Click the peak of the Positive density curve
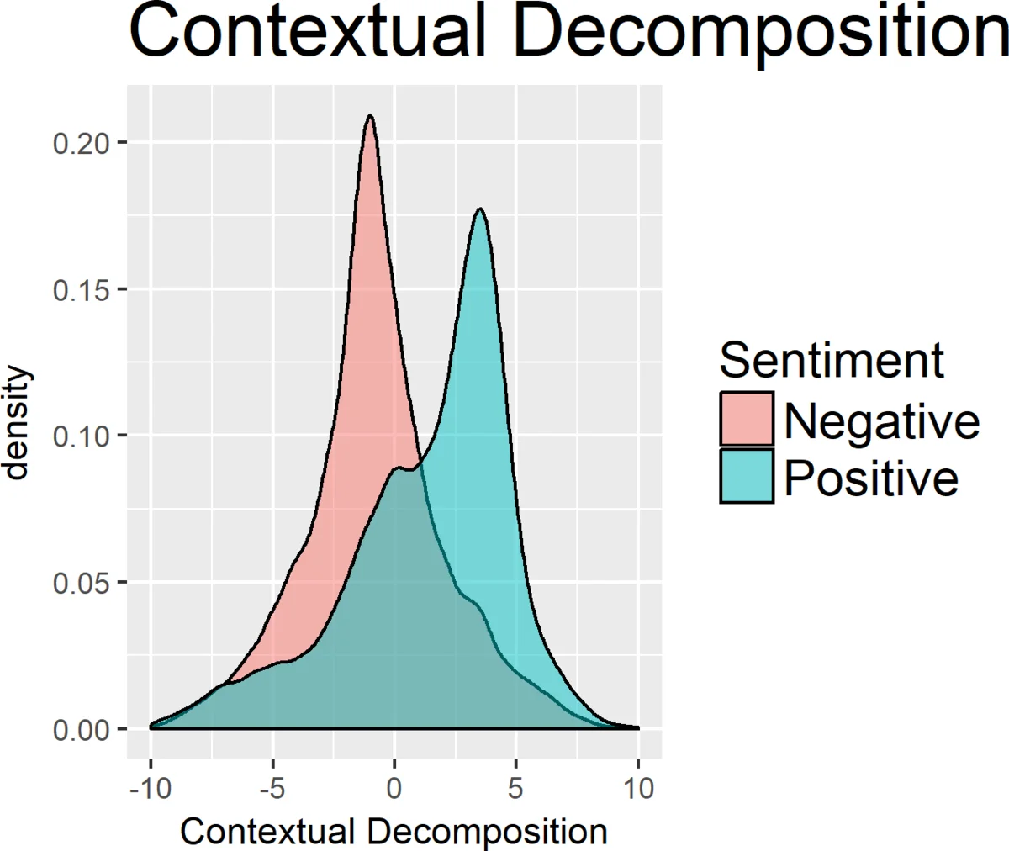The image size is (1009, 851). click(x=480, y=209)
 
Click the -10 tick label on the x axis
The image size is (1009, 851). click(x=150, y=788)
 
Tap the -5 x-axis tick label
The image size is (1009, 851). click(x=272, y=788)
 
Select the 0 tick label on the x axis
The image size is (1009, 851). click(x=394, y=788)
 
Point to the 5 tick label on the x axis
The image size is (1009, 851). click(x=515, y=788)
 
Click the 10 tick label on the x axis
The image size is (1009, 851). click(x=638, y=788)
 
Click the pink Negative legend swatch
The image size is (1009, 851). click(x=747, y=418)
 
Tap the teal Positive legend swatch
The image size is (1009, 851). click(x=747, y=476)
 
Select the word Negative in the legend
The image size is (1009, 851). click(x=881, y=420)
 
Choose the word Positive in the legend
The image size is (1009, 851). click(x=871, y=478)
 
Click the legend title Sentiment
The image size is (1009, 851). click(x=832, y=361)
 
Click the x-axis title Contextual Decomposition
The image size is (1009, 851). click(x=394, y=831)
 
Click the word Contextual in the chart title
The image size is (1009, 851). click(x=307, y=32)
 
